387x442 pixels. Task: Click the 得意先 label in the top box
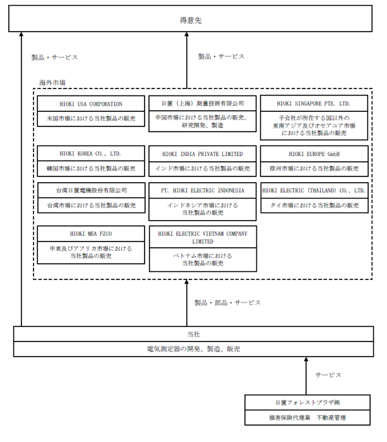coord(191,20)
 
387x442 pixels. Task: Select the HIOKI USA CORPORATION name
coord(91,104)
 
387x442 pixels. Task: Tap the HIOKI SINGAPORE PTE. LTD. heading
coord(313,104)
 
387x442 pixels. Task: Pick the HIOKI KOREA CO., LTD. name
coord(90,154)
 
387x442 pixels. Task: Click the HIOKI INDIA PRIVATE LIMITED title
coord(203,154)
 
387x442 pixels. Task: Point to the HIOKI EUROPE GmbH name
coord(314,154)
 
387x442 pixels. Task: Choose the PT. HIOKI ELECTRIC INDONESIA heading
coord(203,190)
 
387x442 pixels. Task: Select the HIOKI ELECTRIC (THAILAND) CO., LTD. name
coord(314,190)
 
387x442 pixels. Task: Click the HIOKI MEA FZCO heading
coord(91,234)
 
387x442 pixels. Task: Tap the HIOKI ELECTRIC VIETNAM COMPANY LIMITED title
coord(203,237)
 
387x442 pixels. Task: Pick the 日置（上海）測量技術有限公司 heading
coord(203,104)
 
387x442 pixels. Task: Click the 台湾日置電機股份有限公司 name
coord(91,190)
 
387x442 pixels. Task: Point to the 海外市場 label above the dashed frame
coord(52,83)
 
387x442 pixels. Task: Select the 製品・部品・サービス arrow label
coord(227,303)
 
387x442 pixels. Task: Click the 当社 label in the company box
coord(194,335)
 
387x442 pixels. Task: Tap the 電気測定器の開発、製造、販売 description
coord(194,349)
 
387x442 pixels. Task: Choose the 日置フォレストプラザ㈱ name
coord(307,403)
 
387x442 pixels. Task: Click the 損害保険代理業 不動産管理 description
coord(307,417)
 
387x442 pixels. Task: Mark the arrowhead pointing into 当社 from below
coord(306,359)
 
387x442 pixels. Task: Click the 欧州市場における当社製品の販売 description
coord(314,169)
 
